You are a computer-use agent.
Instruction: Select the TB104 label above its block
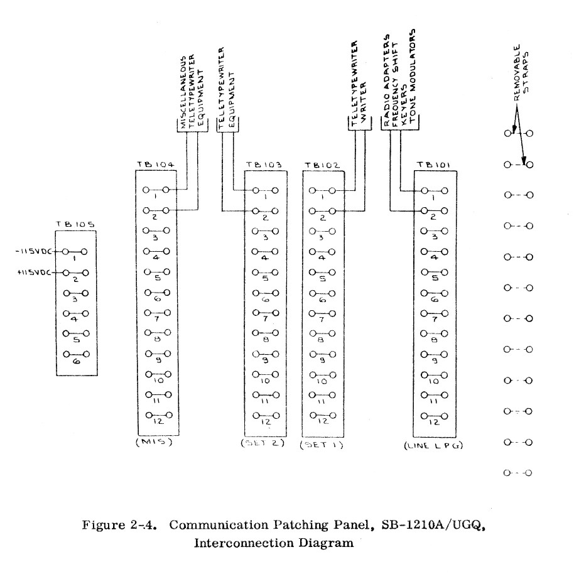coord(156,166)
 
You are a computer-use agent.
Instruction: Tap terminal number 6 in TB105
coord(75,362)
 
